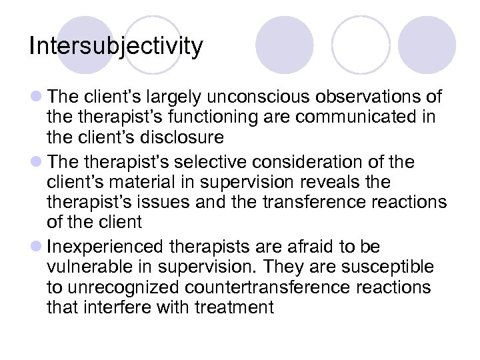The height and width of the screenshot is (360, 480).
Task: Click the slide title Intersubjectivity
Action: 116,47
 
